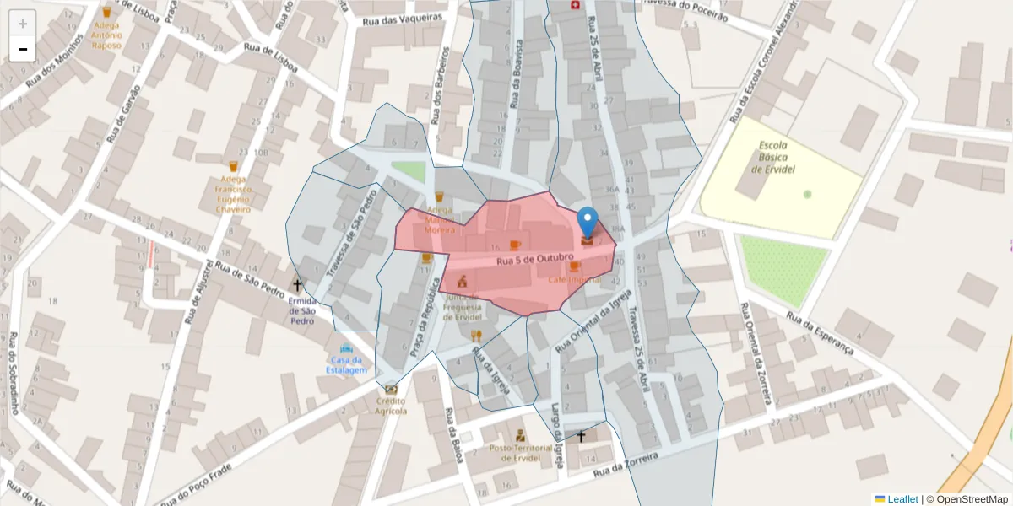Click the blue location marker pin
pos(588,222)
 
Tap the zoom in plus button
pos(23,24)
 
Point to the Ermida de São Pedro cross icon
pos(296,285)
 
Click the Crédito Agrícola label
pos(391,406)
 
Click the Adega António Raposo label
pos(107,35)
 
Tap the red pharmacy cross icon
pos(577,6)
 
